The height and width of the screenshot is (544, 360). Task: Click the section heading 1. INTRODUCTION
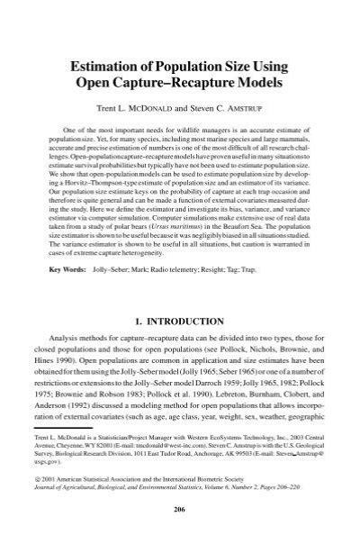[180, 321]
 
